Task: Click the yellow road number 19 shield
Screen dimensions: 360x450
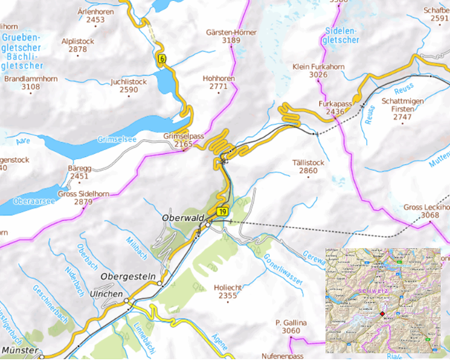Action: pos(222,213)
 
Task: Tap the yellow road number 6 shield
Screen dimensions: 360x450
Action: pos(161,58)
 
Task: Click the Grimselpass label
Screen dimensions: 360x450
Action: pos(183,137)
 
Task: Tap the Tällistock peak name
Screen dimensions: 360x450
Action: pos(308,161)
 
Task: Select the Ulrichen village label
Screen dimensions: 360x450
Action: pos(106,292)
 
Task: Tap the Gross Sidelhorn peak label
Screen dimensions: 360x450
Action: pos(83,193)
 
